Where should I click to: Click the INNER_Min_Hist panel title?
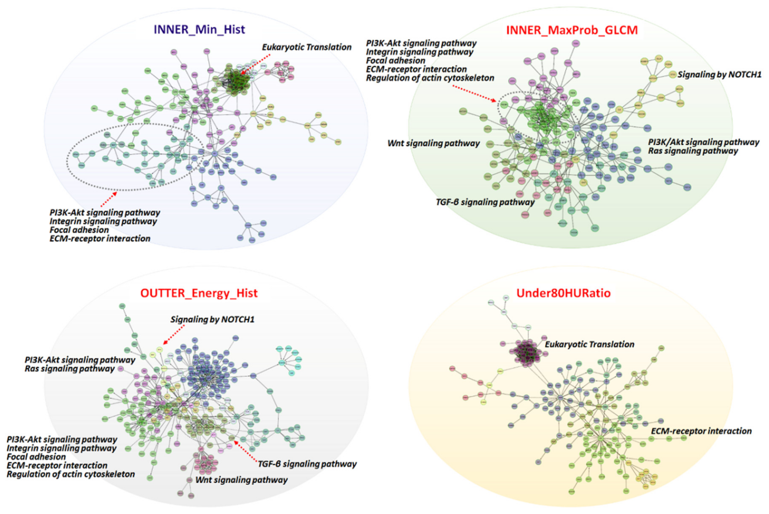click(x=199, y=29)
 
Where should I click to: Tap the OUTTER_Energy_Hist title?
click(x=199, y=293)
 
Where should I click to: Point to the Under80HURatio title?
click(x=563, y=293)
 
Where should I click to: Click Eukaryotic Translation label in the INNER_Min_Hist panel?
click(x=307, y=47)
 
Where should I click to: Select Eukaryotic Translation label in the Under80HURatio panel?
click(x=589, y=344)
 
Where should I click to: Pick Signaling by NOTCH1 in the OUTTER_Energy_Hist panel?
click(x=212, y=319)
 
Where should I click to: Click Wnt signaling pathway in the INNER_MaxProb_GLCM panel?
click(x=433, y=143)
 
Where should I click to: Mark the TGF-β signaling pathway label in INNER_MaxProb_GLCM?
click(x=485, y=202)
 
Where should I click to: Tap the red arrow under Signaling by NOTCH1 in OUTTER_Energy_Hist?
click(x=174, y=334)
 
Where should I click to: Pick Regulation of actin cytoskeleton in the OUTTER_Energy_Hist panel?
click(x=71, y=474)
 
